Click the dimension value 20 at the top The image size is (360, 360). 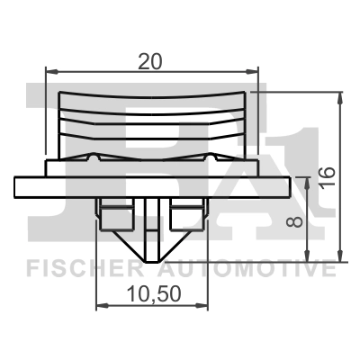tap(150, 60)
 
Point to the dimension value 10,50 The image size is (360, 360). tap(150, 292)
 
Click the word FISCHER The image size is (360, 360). tap(78, 269)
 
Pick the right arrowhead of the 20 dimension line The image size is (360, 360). tap(255, 71)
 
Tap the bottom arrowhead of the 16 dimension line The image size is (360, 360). tap(339, 254)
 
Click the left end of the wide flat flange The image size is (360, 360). tap(18, 187)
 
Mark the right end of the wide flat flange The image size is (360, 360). tap(286, 187)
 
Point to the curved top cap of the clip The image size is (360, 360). tap(151, 97)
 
